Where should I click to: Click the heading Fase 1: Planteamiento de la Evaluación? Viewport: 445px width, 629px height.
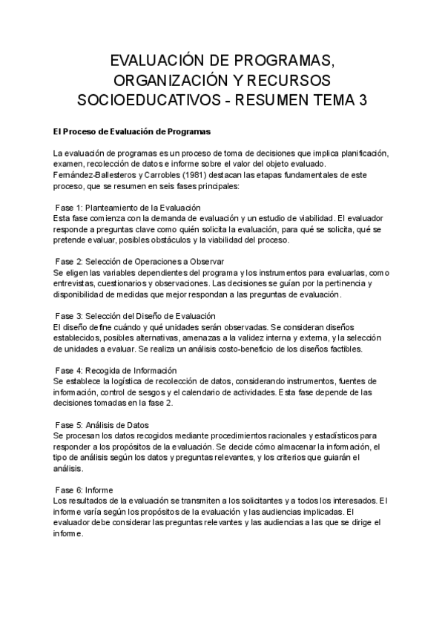click(128, 208)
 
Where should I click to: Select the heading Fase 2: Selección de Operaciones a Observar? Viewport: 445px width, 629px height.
click(139, 262)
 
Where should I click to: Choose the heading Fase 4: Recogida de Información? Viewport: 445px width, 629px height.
click(116, 370)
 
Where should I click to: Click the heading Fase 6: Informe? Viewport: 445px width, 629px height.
click(84, 490)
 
